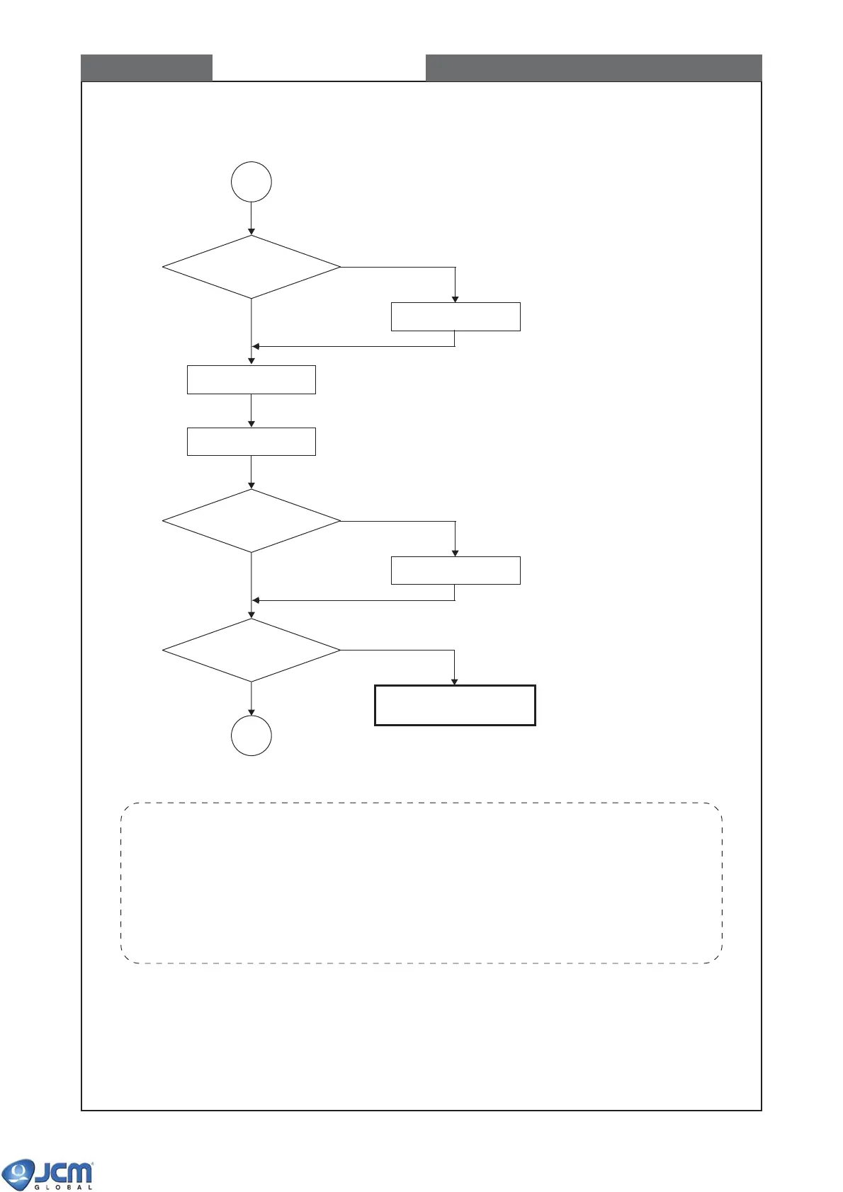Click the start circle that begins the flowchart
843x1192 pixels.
click(x=251, y=182)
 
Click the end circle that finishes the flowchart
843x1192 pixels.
click(x=251, y=735)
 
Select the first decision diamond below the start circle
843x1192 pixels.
click(x=251, y=267)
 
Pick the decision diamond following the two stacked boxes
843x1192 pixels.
click(x=251, y=521)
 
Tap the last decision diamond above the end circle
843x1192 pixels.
click(x=251, y=650)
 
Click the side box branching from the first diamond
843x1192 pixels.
click(x=456, y=316)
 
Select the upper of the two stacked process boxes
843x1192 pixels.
click(x=251, y=379)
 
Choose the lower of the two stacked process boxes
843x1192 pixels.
click(x=251, y=441)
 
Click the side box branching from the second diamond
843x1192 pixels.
click(x=456, y=571)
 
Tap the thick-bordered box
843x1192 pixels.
click(x=455, y=705)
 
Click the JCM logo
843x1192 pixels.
click(x=48, y=1173)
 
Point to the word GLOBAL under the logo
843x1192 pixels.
click(x=64, y=1187)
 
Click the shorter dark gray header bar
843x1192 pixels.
click(x=147, y=68)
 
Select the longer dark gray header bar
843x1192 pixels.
click(x=594, y=68)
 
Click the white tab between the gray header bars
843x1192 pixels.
click(x=319, y=68)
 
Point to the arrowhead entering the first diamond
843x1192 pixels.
click(x=251, y=231)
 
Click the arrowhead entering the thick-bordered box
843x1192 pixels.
click(x=455, y=682)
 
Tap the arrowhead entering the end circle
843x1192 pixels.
click(x=251, y=712)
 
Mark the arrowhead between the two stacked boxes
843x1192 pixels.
click(x=251, y=423)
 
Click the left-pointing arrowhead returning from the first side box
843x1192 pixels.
click(x=256, y=346)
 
